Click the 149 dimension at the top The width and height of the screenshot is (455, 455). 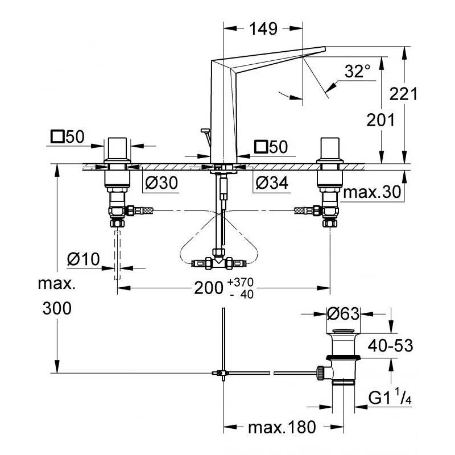[x=263, y=29]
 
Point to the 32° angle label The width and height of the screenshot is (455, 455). [x=358, y=72]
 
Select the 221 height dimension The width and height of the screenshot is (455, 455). [x=403, y=94]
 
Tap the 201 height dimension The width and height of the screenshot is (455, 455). [x=380, y=120]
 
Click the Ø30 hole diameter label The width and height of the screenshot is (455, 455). [x=162, y=183]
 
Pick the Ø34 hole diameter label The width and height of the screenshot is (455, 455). [x=272, y=183]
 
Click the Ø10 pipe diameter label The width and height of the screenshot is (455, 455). [x=83, y=259]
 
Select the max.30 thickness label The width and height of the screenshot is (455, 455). [x=372, y=192]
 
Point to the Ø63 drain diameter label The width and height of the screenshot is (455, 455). [x=344, y=314]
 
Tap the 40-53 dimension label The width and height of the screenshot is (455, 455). [x=390, y=346]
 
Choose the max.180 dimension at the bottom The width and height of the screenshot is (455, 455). [x=282, y=427]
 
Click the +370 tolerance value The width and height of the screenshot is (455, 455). [x=241, y=282]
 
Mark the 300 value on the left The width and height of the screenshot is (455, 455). [x=57, y=308]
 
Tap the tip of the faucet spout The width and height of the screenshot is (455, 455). [x=325, y=48]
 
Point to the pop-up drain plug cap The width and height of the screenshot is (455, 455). [x=344, y=332]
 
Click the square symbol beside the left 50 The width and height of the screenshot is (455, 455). [x=57, y=136]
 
